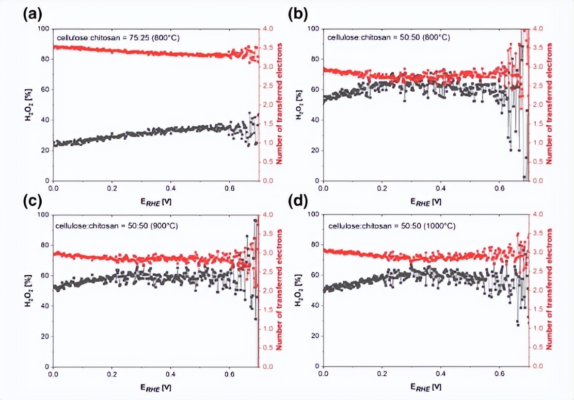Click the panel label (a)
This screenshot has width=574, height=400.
[32, 14]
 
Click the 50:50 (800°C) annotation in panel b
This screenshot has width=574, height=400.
[388, 38]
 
